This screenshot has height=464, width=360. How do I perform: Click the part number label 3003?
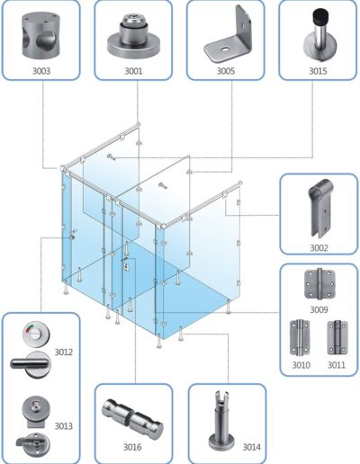click(x=41, y=71)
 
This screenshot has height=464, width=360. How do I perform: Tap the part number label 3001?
click(x=133, y=71)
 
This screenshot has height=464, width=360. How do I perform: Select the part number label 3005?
click(x=226, y=71)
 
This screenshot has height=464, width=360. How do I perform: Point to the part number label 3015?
click(x=318, y=71)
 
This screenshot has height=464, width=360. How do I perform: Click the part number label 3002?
click(x=319, y=248)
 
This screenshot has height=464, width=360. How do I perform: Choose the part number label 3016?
click(x=132, y=447)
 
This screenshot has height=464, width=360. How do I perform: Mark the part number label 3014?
click(x=252, y=447)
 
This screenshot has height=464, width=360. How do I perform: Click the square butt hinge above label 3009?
click(x=319, y=284)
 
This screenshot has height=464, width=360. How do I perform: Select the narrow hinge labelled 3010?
click(x=300, y=337)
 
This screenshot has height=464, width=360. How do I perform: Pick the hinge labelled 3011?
click(x=337, y=337)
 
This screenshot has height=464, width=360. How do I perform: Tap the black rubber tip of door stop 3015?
click(x=320, y=18)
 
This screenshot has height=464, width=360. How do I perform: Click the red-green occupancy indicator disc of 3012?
click(x=36, y=334)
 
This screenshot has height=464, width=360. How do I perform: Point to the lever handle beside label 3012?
click(x=30, y=364)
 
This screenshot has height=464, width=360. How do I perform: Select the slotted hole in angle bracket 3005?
click(x=224, y=49)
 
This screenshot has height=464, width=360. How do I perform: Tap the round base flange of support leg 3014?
click(x=222, y=444)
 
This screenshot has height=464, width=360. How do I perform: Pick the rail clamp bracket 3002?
click(x=320, y=208)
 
